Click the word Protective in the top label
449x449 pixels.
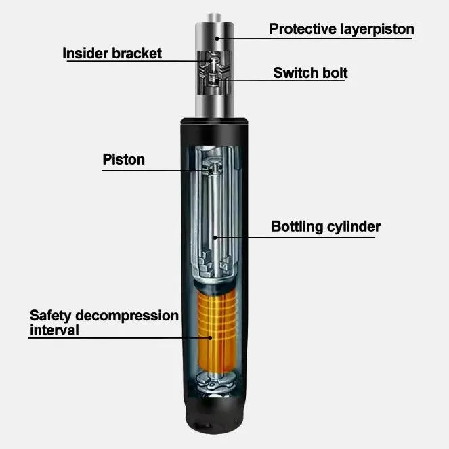[x=303, y=28]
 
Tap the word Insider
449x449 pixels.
[x=85, y=54]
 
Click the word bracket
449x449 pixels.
[x=137, y=54]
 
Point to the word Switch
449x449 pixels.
[x=296, y=72]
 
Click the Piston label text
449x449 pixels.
[x=124, y=160]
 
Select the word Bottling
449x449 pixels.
[x=297, y=227]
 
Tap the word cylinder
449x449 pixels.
[x=354, y=226]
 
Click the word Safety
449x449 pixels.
[x=50, y=316]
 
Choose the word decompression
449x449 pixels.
[x=127, y=316]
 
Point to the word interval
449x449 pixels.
[x=54, y=330]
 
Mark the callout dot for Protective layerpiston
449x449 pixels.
[x=217, y=39]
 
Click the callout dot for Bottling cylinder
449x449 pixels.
[x=215, y=238]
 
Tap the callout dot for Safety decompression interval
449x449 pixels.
[x=210, y=338]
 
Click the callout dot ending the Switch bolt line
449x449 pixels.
[x=217, y=81]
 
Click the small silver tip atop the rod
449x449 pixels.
[x=214, y=18]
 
